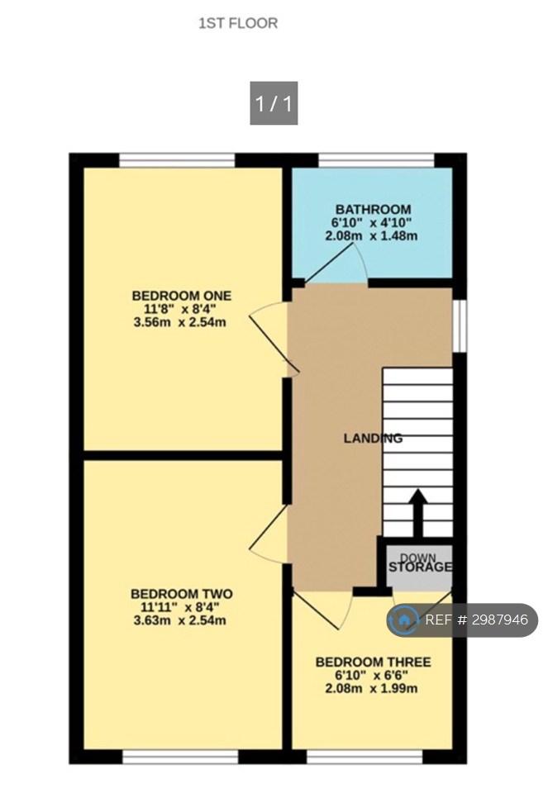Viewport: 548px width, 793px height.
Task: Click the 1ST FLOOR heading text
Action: click(238, 23)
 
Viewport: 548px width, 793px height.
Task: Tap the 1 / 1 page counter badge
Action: click(274, 103)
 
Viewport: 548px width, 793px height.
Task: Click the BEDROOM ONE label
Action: click(182, 296)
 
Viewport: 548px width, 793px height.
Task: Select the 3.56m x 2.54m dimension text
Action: click(179, 321)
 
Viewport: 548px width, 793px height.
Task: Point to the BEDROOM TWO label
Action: click(182, 594)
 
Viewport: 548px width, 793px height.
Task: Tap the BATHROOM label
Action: click(373, 209)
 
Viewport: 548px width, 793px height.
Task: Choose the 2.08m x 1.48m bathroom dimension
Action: click(371, 235)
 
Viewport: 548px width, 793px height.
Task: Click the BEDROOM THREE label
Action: click(374, 662)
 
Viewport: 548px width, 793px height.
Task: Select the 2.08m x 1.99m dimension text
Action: click(371, 688)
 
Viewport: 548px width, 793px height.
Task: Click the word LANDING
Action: click(373, 438)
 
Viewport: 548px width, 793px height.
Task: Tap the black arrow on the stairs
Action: click(417, 513)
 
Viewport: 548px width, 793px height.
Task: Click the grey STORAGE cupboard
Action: click(420, 567)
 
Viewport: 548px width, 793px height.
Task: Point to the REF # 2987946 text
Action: click(476, 620)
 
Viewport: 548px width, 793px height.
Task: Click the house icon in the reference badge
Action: click(404, 620)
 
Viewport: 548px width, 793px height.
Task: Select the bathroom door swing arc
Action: click(360, 261)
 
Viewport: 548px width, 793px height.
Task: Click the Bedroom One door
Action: click(274, 339)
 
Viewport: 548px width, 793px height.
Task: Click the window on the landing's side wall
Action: click(460, 326)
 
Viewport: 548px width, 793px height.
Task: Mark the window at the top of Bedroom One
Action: click(177, 159)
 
